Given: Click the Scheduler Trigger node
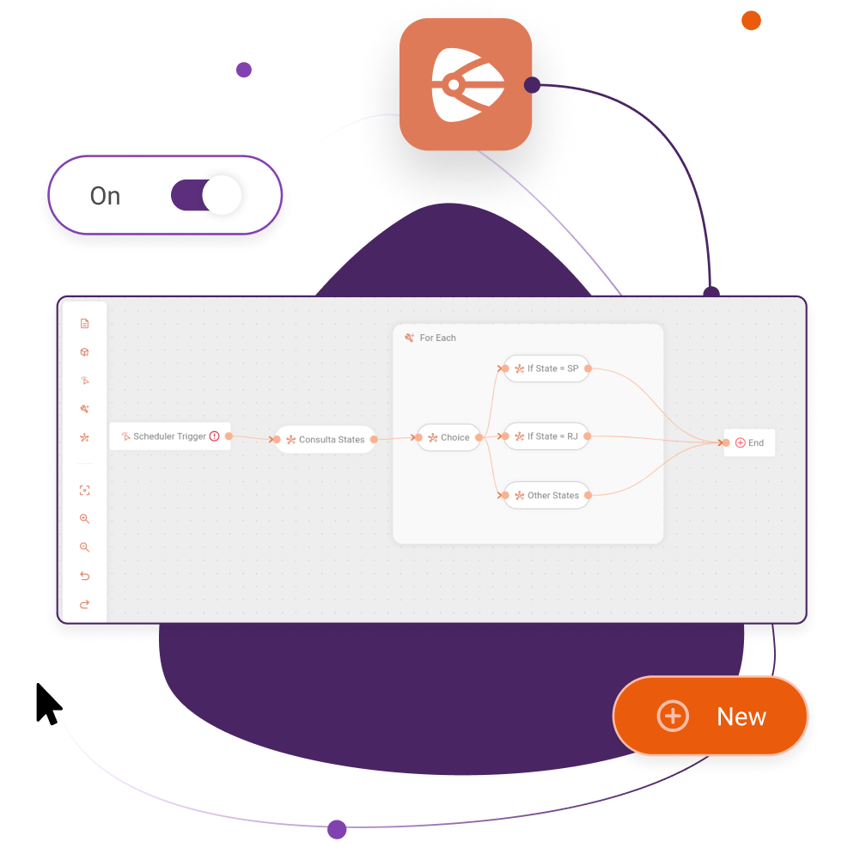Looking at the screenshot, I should click(x=169, y=436).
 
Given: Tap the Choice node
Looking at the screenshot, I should click(x=448, y=437).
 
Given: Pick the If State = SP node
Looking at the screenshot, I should click(x=546, y=369).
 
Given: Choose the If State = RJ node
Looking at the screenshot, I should click(x=546, y=436).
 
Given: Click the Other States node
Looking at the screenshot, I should click(x=546, y=495).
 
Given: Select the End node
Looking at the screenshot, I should click(x=749, y=442).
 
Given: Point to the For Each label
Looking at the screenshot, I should click(x=437, y=338).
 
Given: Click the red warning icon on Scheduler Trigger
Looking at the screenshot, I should click(x=215, y=436).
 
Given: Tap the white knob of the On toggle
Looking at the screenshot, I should click(x=222, y=195).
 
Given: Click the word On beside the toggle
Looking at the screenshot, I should click(x=105, y=196).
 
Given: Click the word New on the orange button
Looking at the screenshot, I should click(x=741, y=717).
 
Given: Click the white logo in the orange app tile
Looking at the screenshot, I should click(x=467, y=84).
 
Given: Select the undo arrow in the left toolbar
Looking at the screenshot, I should click(x=84, y=576).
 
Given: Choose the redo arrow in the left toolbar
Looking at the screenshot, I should click(x=84, y=604).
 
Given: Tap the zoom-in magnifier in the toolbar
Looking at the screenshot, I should click(x=84, y=519).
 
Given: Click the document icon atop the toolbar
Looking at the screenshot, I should click(x=84, y=324).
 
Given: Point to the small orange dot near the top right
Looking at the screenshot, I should click(x=751, y=21).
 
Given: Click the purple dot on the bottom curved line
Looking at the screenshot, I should click(x=337, y=829).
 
